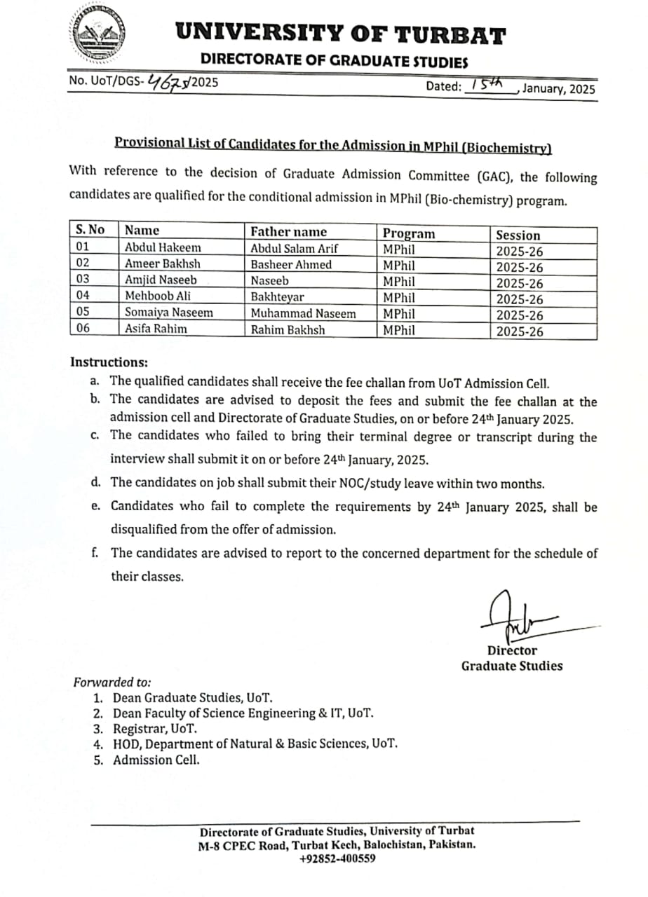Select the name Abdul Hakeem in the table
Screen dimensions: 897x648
pyautogui.click(x=163, y=247)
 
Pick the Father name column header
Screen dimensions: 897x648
pyautogui.click(x=288, y=231)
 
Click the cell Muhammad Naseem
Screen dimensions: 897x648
pyautogui.click(x=303, y=313)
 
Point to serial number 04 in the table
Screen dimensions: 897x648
pyautogui.click(x=83, y=295)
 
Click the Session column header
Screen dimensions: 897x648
pyautogui.click(x=518, y=235)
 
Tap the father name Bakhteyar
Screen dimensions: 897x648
pyautogui.click(x=277, y=297)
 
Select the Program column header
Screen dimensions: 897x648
pyautogui.click(x=409, y=233)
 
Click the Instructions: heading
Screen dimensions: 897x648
pyautogui.click(x=109, y=362)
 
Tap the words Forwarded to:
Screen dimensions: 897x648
pyautogui.click(x=112, y=682)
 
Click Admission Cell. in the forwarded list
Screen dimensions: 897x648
pyautogui.click(x=156, y=760)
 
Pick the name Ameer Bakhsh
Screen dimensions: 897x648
pyautogui.click(x=162, y=264)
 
